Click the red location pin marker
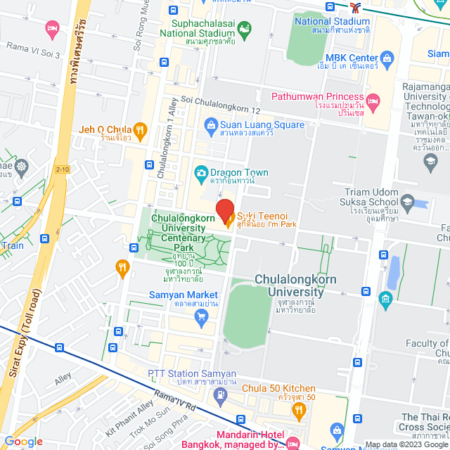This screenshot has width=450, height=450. coord(224,210)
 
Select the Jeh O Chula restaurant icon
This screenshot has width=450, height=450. coord(140,129)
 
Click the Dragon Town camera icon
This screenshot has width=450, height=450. coord(200,172)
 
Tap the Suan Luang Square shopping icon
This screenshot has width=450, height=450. coord(210,125)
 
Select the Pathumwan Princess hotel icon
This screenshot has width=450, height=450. coord(373,102)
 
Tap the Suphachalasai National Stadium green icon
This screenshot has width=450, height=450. coord(244,30)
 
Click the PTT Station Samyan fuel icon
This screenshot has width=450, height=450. coord(221,394)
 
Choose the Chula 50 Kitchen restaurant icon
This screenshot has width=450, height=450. coord(300,409)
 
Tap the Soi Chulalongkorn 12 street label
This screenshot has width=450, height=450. coord(221,101)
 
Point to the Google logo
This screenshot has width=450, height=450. coord(23,442)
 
